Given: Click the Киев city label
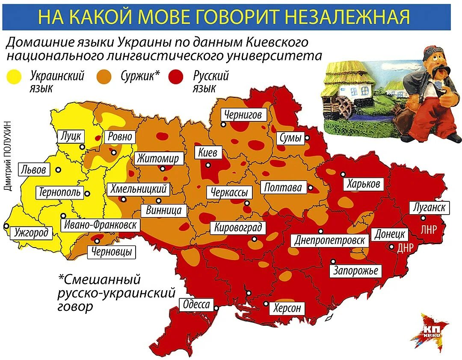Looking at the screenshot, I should click(x=208, y=152).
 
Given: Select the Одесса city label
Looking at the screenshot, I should click(x=196, y=305).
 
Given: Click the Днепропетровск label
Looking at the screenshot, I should click(x=330, y=240).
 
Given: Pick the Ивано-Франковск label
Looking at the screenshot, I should click(x=101, y=225).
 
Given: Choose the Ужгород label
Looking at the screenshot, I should click(x=31, y=233).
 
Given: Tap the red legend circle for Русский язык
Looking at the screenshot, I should click(x=175, y=77).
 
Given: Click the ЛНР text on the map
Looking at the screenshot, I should click(x=429, y=230).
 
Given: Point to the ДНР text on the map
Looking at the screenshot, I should click(x=406, y=248).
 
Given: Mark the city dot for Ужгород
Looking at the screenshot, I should click(x=6, y=226).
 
